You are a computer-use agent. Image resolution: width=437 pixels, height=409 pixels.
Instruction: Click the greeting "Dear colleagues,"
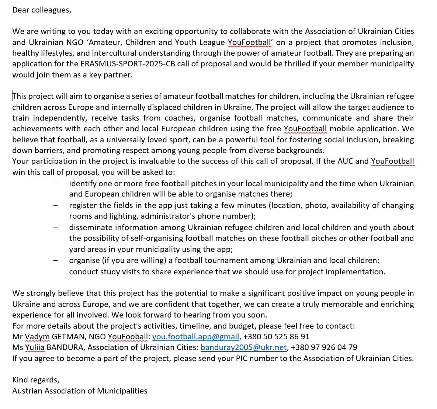tap(41, 10)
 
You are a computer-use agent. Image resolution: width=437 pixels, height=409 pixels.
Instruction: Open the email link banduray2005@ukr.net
tap(243, 347)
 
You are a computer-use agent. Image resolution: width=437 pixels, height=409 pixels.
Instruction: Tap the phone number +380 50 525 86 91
tap(276, 337)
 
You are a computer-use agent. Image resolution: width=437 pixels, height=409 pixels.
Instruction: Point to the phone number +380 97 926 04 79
tap(324, 347)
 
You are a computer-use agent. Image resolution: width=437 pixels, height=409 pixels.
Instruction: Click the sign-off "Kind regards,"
tap(35, 380)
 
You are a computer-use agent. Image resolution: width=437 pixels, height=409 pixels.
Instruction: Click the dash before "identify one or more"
tap(55, 184)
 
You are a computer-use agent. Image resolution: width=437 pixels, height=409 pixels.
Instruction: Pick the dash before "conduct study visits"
tap(55, 272)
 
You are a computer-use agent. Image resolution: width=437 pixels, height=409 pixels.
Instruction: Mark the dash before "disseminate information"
tap(55, 228)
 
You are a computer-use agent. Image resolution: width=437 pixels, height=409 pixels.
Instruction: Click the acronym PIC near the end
tap(242, 358)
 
